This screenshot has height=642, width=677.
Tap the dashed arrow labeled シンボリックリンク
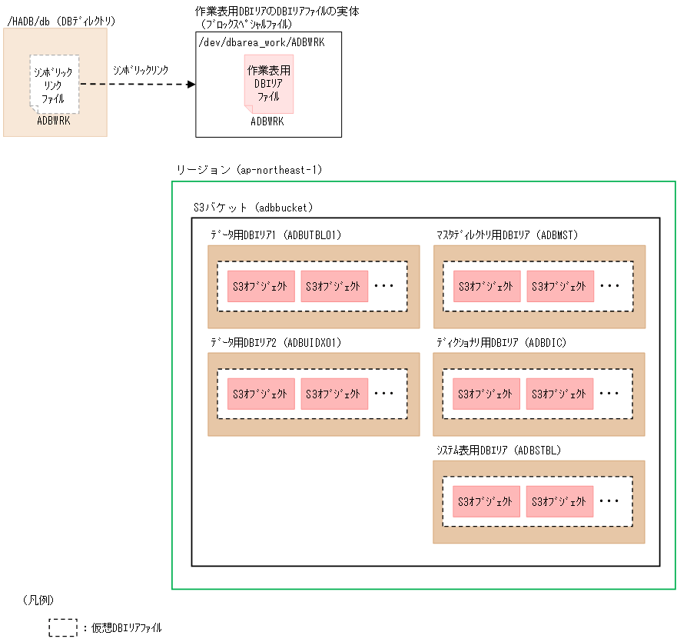pos(138,84)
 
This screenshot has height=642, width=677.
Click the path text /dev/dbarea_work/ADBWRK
pos(261,42)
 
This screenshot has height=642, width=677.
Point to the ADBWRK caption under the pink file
pos(267,121)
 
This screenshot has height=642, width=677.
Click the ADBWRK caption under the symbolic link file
pos(54,120)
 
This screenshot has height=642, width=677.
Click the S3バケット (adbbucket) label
pos(253,208)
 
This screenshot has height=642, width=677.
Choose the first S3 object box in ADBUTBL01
pos(260,286)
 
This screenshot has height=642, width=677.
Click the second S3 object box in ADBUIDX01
pos(334,394)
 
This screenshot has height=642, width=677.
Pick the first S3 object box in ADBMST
pos(486,286)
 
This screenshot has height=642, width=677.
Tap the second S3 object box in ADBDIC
pos(559,394)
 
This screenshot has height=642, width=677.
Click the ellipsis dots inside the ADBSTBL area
pos(610,501)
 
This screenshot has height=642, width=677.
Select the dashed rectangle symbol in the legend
pos(63,627)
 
